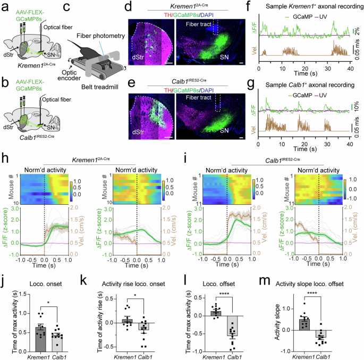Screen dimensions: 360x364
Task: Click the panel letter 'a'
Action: tap(4, 6)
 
